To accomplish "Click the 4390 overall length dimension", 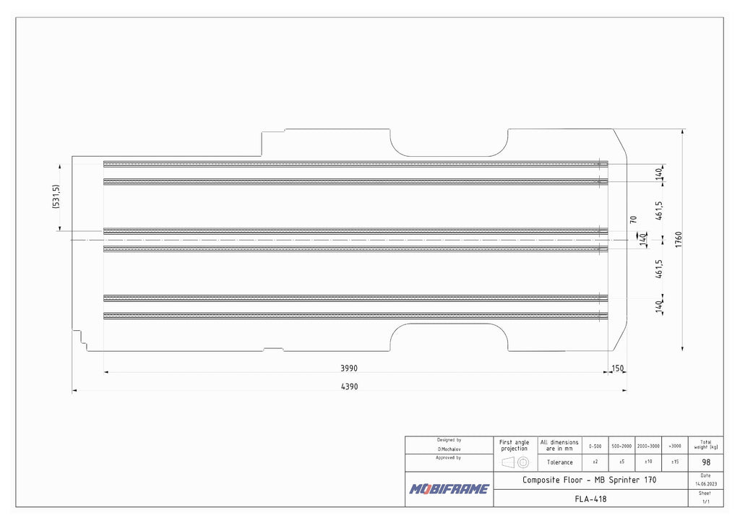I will click(349, 386).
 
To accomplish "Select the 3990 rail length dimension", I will click(349, 368).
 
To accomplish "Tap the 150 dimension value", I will click(617, 368).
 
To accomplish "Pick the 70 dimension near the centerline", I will click(634, 219).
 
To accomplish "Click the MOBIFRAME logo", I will click(449, 489).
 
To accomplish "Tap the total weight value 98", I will click(705, 462).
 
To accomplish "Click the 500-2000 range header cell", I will click(621, 446).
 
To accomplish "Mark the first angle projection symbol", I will click(515, 462).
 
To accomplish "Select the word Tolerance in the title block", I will click(559, 462).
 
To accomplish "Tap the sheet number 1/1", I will click(705, 501).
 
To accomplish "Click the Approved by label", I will click(449, 458).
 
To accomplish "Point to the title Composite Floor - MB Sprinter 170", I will click(590, 480).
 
